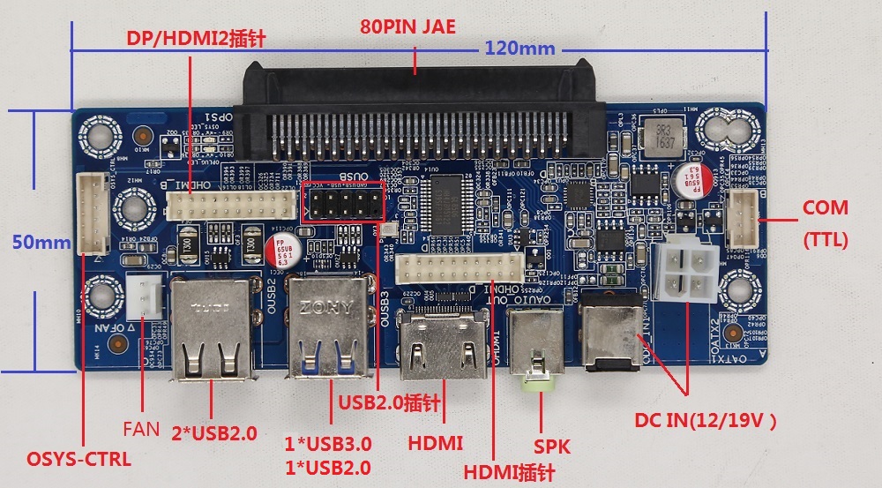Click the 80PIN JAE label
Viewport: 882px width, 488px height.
[x=407, y=26]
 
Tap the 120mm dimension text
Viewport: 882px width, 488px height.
[x=512, y=49]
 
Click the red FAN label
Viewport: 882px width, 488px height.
[x=141, y=430]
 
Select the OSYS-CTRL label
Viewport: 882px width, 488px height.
[x=78, y=459]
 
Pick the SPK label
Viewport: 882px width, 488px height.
[x=553, y=446]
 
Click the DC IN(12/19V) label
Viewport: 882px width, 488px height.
[x=706, y=421]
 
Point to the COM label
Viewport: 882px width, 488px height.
[x=825, y=209]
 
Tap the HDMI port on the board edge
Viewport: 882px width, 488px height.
[x=443, y=346]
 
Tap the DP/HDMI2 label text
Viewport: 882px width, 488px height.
[x=196, y=38]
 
